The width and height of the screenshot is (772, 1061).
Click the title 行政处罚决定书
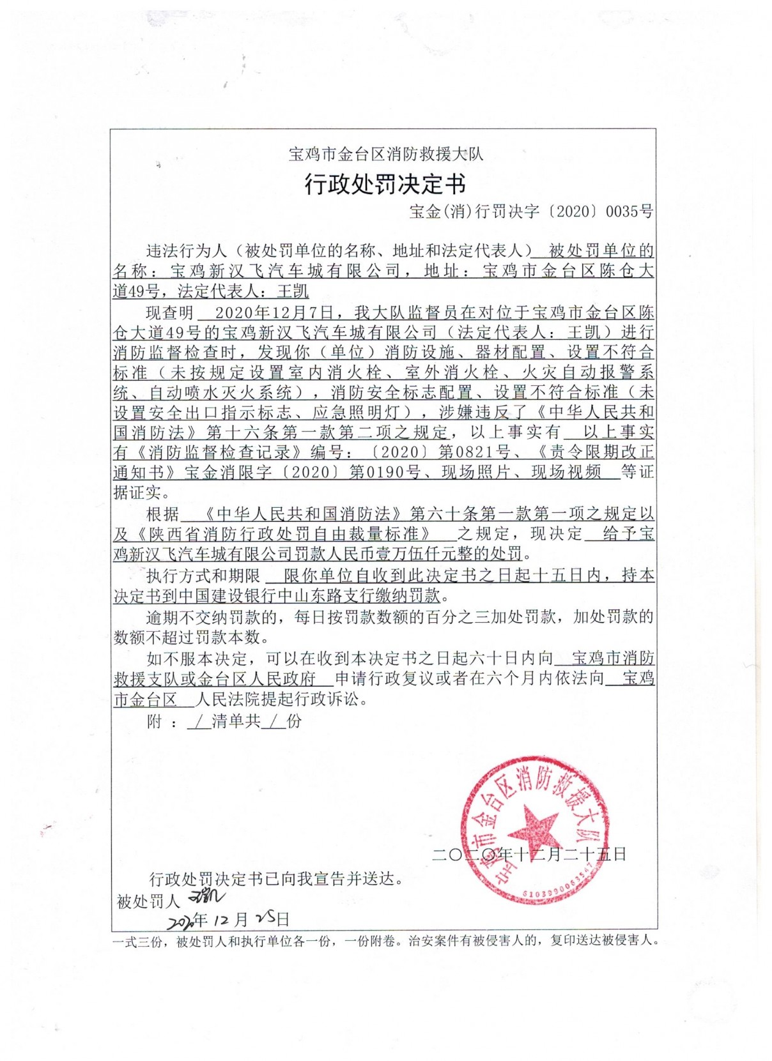pyautogui.click(x=385, y=185)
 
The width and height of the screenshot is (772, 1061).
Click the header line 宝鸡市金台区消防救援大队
pyautogui.click(x=385, y=154)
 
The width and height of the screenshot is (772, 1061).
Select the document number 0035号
pyautogui.click(x=629, y=211)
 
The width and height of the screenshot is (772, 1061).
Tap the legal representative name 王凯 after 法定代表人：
pyautogui.click(x=293, y=292)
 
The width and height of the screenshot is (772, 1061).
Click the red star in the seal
pyautogui.click(x=532, y=831)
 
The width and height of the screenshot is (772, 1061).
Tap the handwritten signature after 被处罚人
pyautogui.click(x=206, y=897)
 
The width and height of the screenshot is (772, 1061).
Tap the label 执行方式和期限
pyautogui.click(x=203, y=576)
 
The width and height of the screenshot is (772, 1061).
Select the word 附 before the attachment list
pyautogui.click(x=154, y=722)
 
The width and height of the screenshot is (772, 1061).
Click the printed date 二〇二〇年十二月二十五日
pyautogui.click(x=529, y=854)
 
